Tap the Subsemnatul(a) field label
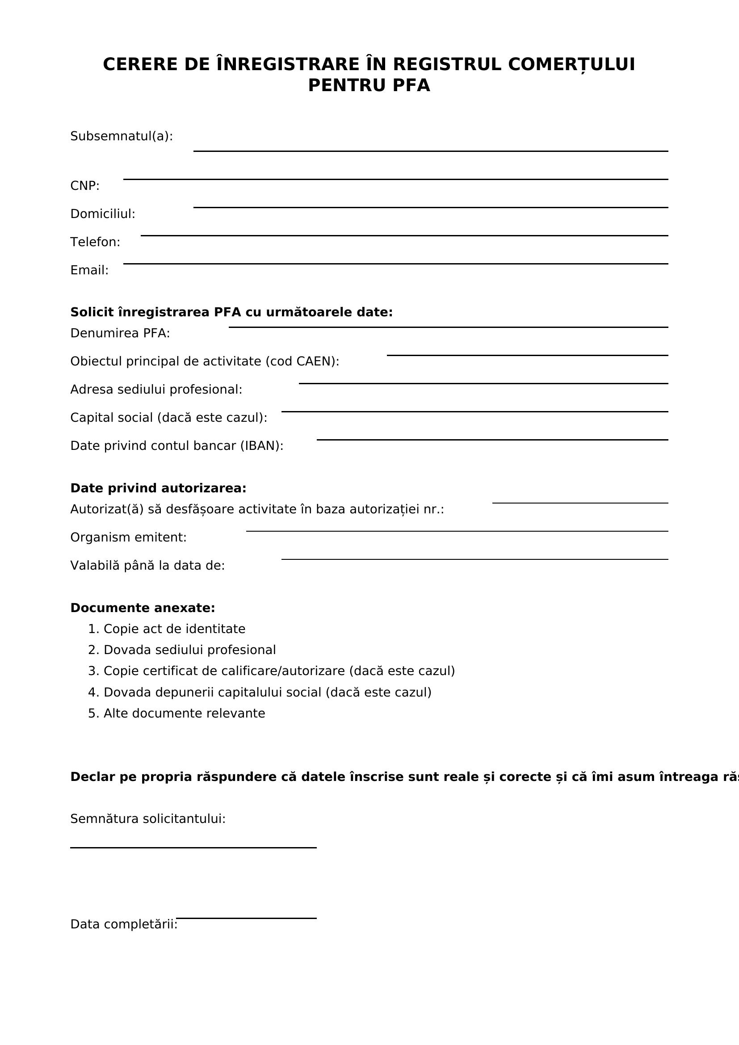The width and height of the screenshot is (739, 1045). coord(122,136)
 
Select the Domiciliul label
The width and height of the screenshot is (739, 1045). coord(103,214)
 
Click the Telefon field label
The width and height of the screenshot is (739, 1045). coord(95,242)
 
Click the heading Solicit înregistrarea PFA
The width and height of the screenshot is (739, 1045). coord(231,312)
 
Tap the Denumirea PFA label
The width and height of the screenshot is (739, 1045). coord(120,333)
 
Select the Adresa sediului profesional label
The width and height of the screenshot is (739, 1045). coord(156,390)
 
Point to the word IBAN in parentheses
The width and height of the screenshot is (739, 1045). coord(262,445)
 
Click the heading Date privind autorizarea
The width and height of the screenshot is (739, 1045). coord(158,488)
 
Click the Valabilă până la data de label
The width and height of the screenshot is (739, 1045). coord(147,566)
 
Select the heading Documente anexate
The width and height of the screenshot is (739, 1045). coord(143,608)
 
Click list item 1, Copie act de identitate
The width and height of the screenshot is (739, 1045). coord(174,629)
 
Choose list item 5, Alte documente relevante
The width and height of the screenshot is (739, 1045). coord(184,713)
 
